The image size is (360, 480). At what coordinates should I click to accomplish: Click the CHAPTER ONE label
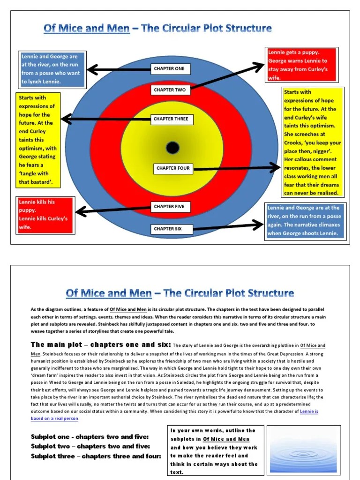(x=169, y=69)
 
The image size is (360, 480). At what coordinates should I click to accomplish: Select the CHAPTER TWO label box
(x=169, y=90)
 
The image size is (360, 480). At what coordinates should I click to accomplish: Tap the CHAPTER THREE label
(x=171, y=119)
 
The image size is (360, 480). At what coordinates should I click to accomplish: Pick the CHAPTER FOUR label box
(x=173, y=168)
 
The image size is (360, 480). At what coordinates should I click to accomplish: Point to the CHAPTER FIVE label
(x=169, y=207)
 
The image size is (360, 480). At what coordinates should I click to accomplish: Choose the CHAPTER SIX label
(x=167, y=229)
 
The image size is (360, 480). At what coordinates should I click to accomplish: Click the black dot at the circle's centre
(x=172, y=148)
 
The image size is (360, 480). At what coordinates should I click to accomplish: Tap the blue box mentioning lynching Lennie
(x=52, y=69)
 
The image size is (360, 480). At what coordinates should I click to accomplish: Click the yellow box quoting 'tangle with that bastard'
(x=38, y=139)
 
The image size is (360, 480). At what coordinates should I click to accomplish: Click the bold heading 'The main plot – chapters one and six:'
(x=101, y=345)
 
